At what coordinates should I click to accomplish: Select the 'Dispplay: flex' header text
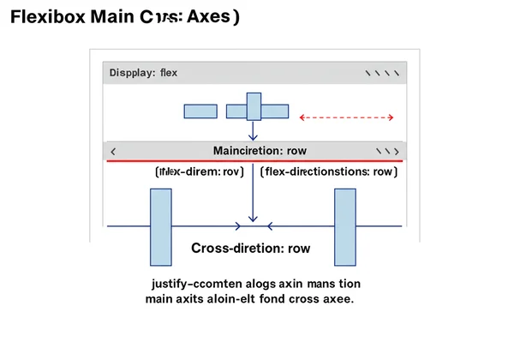144,73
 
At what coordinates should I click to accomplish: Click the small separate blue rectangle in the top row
200,111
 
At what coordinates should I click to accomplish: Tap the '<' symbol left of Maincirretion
114,151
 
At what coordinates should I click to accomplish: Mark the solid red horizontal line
254,160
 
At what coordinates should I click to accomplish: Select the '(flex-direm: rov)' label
200,171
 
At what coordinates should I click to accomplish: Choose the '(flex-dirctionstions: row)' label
328,171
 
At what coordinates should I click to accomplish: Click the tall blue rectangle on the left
161,226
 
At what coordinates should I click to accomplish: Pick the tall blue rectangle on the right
344,226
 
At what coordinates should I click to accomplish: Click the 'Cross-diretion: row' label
250,249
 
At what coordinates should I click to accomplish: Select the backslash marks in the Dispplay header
383,73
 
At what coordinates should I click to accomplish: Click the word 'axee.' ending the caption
338,300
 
